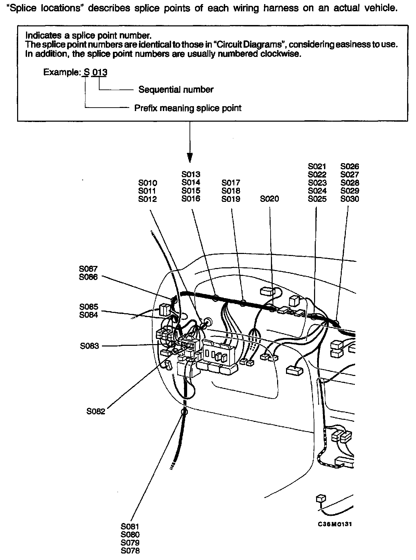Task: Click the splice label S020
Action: click(269, 199)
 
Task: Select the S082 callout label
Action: click(95, 411)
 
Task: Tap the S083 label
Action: click(89, 346)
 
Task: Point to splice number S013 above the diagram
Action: click(191, 174)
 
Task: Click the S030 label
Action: click(350, 199)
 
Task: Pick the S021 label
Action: click(317, 166)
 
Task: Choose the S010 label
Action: click(147, 183)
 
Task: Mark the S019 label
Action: click(231, 199)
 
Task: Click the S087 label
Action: click(88, 269)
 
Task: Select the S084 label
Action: click(88, 315)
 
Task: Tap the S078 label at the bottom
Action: click(130, 551)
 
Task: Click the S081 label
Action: click(130, 526)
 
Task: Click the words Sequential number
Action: click(176, 90)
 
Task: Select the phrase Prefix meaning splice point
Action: click(188, 108)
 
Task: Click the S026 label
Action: click(350, 166)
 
